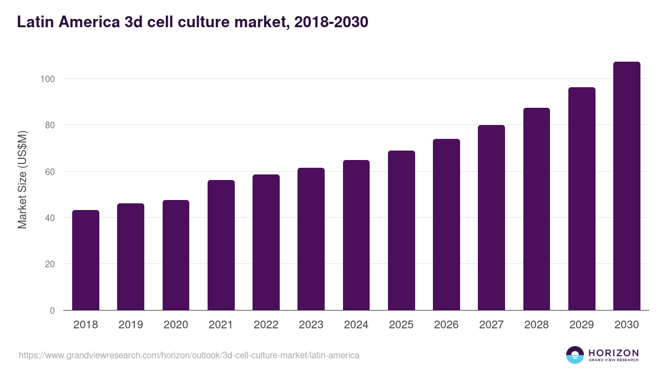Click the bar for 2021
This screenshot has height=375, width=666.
click(221, 245)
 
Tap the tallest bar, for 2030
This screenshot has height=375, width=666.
click(627, 186)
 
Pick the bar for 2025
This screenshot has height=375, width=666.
click(401, 231)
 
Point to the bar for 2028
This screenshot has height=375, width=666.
click(536, 209)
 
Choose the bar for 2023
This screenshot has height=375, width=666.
click(311, 239)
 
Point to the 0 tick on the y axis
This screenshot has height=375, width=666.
click(52, 311)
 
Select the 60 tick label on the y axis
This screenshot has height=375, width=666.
click(50, 172)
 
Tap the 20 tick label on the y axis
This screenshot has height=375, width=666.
click(50, 264)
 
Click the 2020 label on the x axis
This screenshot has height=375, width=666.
click(175, 325)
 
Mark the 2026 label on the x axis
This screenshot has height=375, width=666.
click(446, 325)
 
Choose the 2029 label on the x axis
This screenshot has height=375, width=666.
click(582, 325)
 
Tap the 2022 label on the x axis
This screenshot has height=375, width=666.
click(266, 325)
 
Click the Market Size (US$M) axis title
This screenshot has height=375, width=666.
click(22, 179)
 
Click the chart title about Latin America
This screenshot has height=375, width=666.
click(193, 22)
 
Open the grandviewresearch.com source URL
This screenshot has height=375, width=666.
click(189, 355)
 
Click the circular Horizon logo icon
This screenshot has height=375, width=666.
click(575, 355)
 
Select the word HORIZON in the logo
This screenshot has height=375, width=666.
click(613, 352)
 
